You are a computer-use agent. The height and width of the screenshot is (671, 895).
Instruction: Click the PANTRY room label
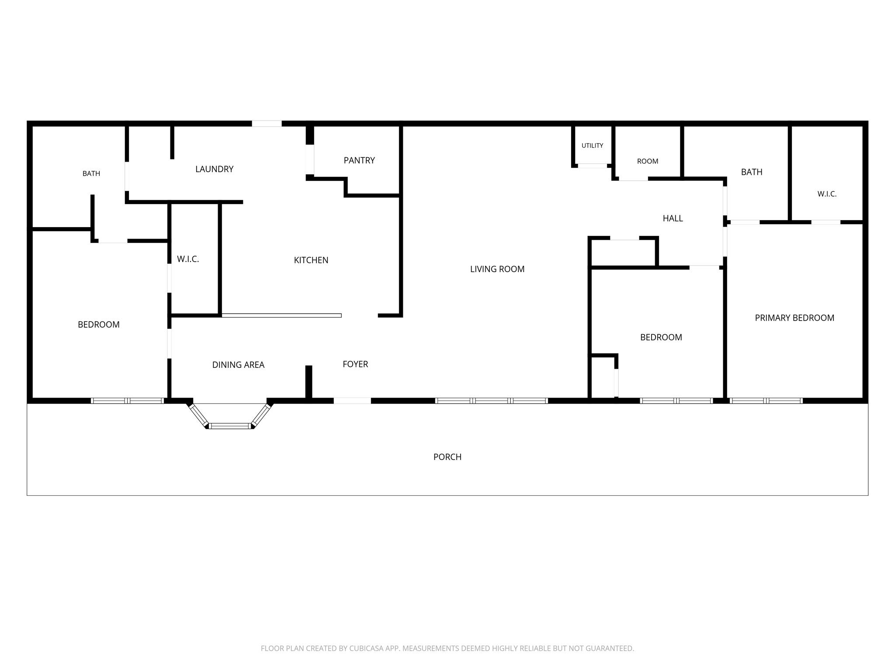click(x=359, y=160)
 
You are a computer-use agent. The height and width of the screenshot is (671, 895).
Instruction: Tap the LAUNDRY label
click(x=214, y=169)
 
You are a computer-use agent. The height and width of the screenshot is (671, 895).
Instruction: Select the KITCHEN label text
click(x=311, y=260)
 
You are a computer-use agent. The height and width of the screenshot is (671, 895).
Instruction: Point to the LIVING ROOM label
click(x=497, y=269)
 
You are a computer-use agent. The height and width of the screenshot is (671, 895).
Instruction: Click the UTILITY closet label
click(x=592, y=145)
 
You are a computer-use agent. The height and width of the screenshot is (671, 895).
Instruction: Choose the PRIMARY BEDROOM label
click(x=794, y=318)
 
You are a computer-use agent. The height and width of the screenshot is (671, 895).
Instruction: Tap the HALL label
click(x=673, y=218)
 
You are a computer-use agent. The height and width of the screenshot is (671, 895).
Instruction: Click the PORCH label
click(x=447, y=457)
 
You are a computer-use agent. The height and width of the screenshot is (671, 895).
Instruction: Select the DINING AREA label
click(x=238, y=365)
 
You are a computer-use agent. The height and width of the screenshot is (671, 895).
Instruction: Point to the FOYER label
click(x=355, y=364)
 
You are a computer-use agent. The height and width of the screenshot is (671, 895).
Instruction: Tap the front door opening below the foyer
click(x=352, y=401)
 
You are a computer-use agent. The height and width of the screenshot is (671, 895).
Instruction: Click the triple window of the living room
click(x=491, y=401)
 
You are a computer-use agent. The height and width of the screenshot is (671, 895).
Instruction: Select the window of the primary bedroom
click(x=766, y=401)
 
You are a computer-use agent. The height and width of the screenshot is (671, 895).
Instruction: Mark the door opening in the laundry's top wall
click(x=267, y=124)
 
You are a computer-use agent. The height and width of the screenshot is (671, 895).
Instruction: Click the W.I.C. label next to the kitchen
click(x=188, y=259)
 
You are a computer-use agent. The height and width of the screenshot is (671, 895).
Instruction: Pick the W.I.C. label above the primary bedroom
click(x=827, y=194)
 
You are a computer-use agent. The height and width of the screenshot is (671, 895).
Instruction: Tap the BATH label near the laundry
click(x=91, y=173)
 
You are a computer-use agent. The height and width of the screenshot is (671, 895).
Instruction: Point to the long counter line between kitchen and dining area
click(x=281, y=315)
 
